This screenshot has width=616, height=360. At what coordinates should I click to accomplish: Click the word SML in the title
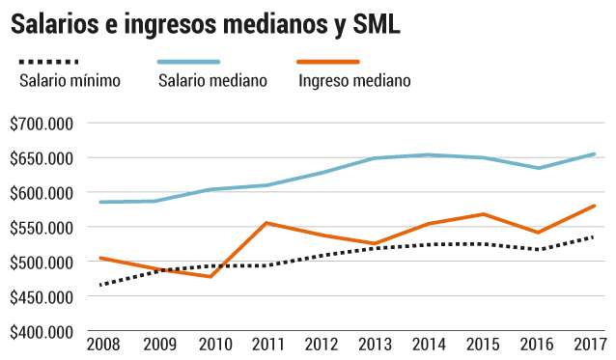(377, 23)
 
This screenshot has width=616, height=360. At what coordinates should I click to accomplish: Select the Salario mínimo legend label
(70, 80)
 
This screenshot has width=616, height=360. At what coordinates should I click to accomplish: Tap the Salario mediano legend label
(212, 80)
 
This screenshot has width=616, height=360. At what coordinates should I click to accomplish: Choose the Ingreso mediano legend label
(354, 81)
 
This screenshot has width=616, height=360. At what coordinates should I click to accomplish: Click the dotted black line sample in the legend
(48, 62)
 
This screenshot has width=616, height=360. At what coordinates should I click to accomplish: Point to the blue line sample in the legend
(188, 62)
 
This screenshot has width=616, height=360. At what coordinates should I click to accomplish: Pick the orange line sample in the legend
(328, 62)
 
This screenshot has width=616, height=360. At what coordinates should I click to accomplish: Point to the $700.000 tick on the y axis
(42, 125)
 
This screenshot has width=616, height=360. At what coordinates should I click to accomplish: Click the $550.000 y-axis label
(42, 228)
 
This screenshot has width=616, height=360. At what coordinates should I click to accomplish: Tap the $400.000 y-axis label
(42, 332)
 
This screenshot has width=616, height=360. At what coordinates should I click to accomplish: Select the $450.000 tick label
(42, 297)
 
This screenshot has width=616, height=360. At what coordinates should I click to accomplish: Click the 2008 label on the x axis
(103, 345)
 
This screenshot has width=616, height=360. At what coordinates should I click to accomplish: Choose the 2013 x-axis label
(376, 345)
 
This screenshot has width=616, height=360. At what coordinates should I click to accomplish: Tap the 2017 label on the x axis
(591, 345)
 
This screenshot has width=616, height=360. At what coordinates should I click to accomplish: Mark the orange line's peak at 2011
(266, 223)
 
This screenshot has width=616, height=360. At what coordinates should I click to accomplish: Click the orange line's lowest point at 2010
(210, 277)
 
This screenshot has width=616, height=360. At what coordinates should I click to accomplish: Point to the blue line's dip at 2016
(539, 168)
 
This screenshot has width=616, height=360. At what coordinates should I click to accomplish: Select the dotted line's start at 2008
(101, 285)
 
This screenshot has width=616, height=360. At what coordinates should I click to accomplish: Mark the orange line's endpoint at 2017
(594, 206)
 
